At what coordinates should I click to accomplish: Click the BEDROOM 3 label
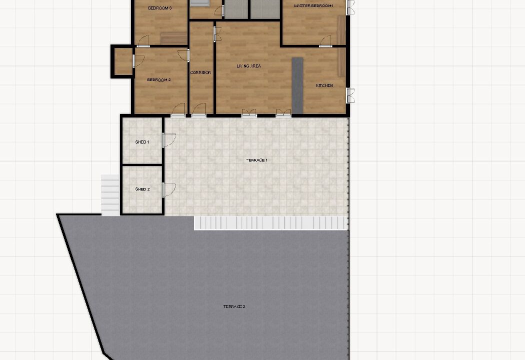[x=159, y=8]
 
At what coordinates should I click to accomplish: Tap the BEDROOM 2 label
[x=159, y=79]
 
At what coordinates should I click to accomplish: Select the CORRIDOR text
[x=200, y=72]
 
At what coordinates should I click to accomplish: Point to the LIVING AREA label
[x=249, y=66]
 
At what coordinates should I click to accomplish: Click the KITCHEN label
[x=324, y=85]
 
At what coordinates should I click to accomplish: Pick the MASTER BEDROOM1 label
[x=313, y=5]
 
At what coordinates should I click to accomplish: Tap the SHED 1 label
[x=142, y=142]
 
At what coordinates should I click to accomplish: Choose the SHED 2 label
[x=142, y=189]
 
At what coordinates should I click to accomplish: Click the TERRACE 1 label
[x=257, y=160]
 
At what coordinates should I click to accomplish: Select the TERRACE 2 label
[x=234, y=306]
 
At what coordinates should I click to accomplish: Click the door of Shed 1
[x=169, y=140]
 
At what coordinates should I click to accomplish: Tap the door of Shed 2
[x=169, y=190]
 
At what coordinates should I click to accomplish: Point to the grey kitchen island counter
[x=297, y=85]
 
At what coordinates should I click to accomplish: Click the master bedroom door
[x=325, y=41]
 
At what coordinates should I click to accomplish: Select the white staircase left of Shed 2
[x=110, y=195]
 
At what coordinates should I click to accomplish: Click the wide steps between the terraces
[x=271, y=223]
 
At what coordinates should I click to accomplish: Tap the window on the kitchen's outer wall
[x=350, y=95]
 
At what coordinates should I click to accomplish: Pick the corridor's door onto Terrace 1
[x=199, y=110]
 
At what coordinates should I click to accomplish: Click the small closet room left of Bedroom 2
[x=123, y=61]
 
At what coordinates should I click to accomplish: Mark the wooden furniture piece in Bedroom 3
[x=174, y=38]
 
